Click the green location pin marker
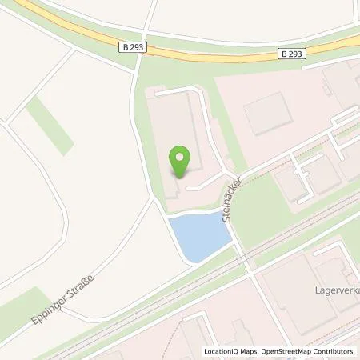click(182, 160)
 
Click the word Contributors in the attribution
click(332, 351)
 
